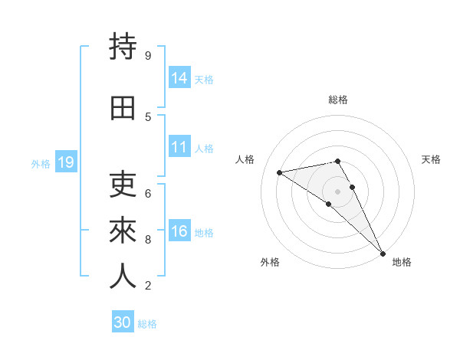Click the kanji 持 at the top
pos(123,47)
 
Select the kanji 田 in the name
pos(123,108)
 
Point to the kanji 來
pos(123,231)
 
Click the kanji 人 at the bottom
pos(123,277)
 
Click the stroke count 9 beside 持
pos(147,55)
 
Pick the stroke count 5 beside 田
pos(147,116)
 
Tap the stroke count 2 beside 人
pos(147,286)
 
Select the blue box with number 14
pos(179,77)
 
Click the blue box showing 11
pos(179,147)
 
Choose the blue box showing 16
pos(179,231)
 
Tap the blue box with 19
pos(66,162)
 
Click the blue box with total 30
pos(123,322)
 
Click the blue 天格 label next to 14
pos(204,79)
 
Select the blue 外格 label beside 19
pos(41,163)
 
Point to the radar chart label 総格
pos(338,100)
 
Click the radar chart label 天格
pos(431,159)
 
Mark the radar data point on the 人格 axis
pos(280,172)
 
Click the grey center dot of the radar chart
pos(337,191)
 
